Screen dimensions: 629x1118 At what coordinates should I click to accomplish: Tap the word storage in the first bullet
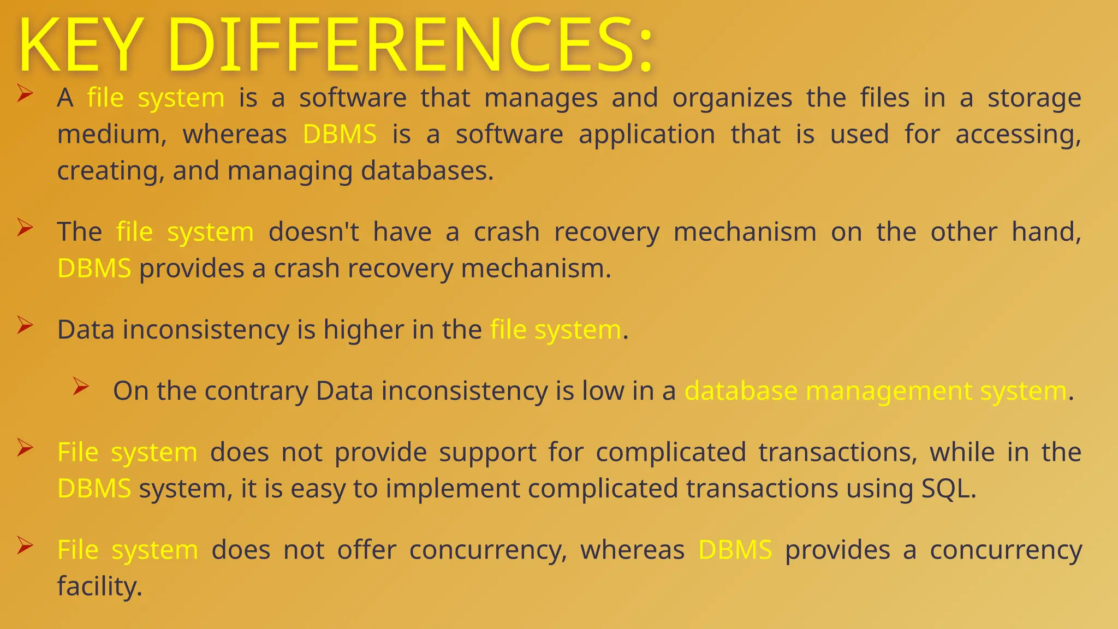1034,99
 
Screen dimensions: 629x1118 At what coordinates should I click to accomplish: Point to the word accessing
1018,135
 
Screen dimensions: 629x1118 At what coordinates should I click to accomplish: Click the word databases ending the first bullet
427,171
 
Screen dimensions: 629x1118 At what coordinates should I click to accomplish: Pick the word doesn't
314,232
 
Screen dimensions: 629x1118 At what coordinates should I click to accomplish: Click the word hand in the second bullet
1046,232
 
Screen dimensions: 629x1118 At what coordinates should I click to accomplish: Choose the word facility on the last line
99,586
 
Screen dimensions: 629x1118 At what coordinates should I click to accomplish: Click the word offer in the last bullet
366,550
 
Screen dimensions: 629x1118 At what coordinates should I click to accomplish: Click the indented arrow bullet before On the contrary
81,387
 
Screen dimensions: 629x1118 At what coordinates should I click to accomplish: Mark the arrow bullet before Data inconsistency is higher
25,325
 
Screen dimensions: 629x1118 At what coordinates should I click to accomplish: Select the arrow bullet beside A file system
25,93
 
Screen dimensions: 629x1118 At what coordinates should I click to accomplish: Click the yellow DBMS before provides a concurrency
735,550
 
